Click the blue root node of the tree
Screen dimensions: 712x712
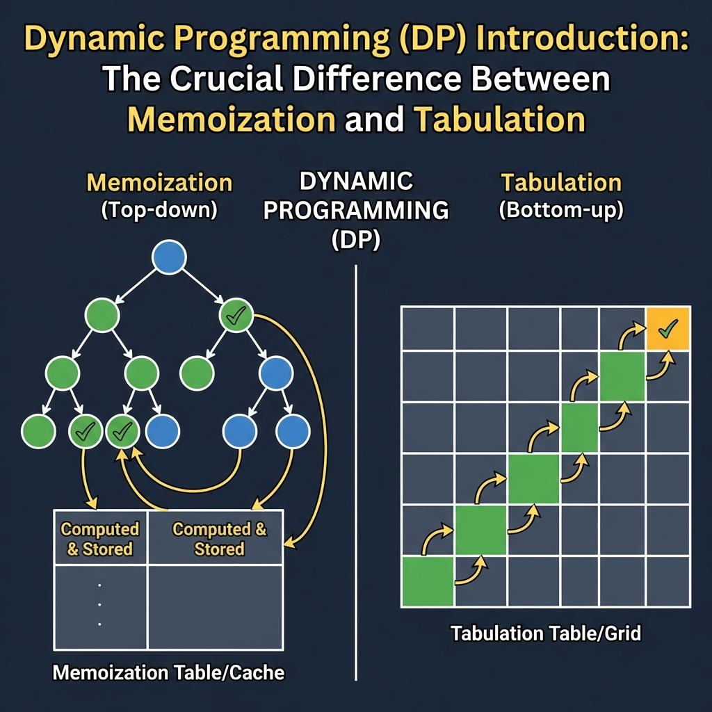coord(169,257)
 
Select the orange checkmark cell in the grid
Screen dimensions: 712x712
coord(667,328)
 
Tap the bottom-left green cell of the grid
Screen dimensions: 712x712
coord(428,581)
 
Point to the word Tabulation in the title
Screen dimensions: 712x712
coord(499,120)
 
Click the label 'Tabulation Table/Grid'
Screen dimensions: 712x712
coord(545,633)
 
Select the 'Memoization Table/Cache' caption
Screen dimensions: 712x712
coord(169,672)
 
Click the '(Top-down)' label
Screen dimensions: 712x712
coord(159,211)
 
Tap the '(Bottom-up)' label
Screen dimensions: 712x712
coord(560,211)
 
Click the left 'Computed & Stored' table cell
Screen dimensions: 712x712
coord(100,539)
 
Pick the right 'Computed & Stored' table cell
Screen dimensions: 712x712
coord(219,539)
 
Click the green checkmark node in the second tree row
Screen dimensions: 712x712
coord(237,316)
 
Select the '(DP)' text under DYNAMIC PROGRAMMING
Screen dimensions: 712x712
coord(355,241)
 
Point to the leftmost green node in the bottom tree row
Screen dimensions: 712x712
coord(38,432)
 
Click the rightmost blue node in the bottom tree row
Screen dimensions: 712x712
coord(293,432)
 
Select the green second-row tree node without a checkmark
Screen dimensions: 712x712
coord(102,316)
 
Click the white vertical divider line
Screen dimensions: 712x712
coord(355,473)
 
